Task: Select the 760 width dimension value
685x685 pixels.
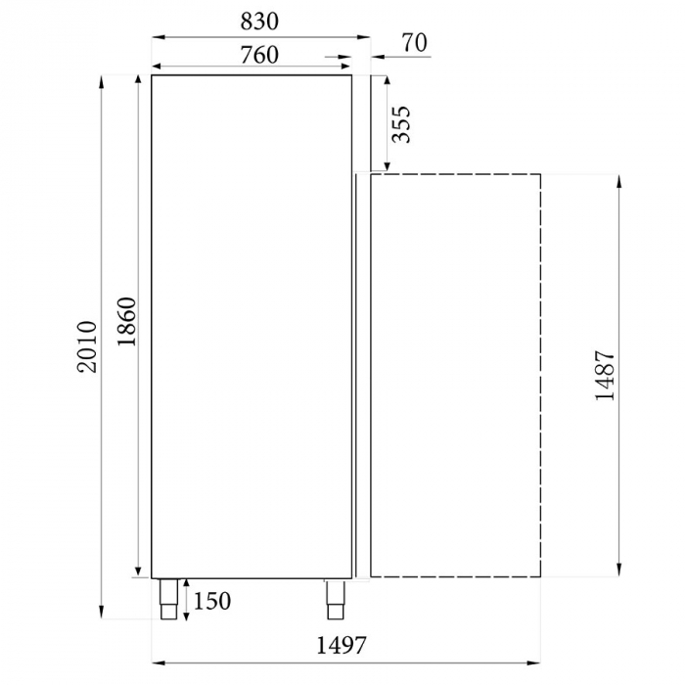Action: coord(259,55)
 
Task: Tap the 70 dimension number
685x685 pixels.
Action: coord(415,42)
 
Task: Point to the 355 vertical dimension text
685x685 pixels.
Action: coord(400,124)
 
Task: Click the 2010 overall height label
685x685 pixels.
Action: coord(88,346)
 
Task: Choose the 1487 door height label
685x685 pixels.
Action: coord(604,376)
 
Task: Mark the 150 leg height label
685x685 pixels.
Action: coord(213,599)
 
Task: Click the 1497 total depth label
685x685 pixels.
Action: coord(341,645)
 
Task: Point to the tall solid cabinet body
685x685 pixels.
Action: coord(251,324)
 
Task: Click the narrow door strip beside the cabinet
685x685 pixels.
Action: coord(362,376)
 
